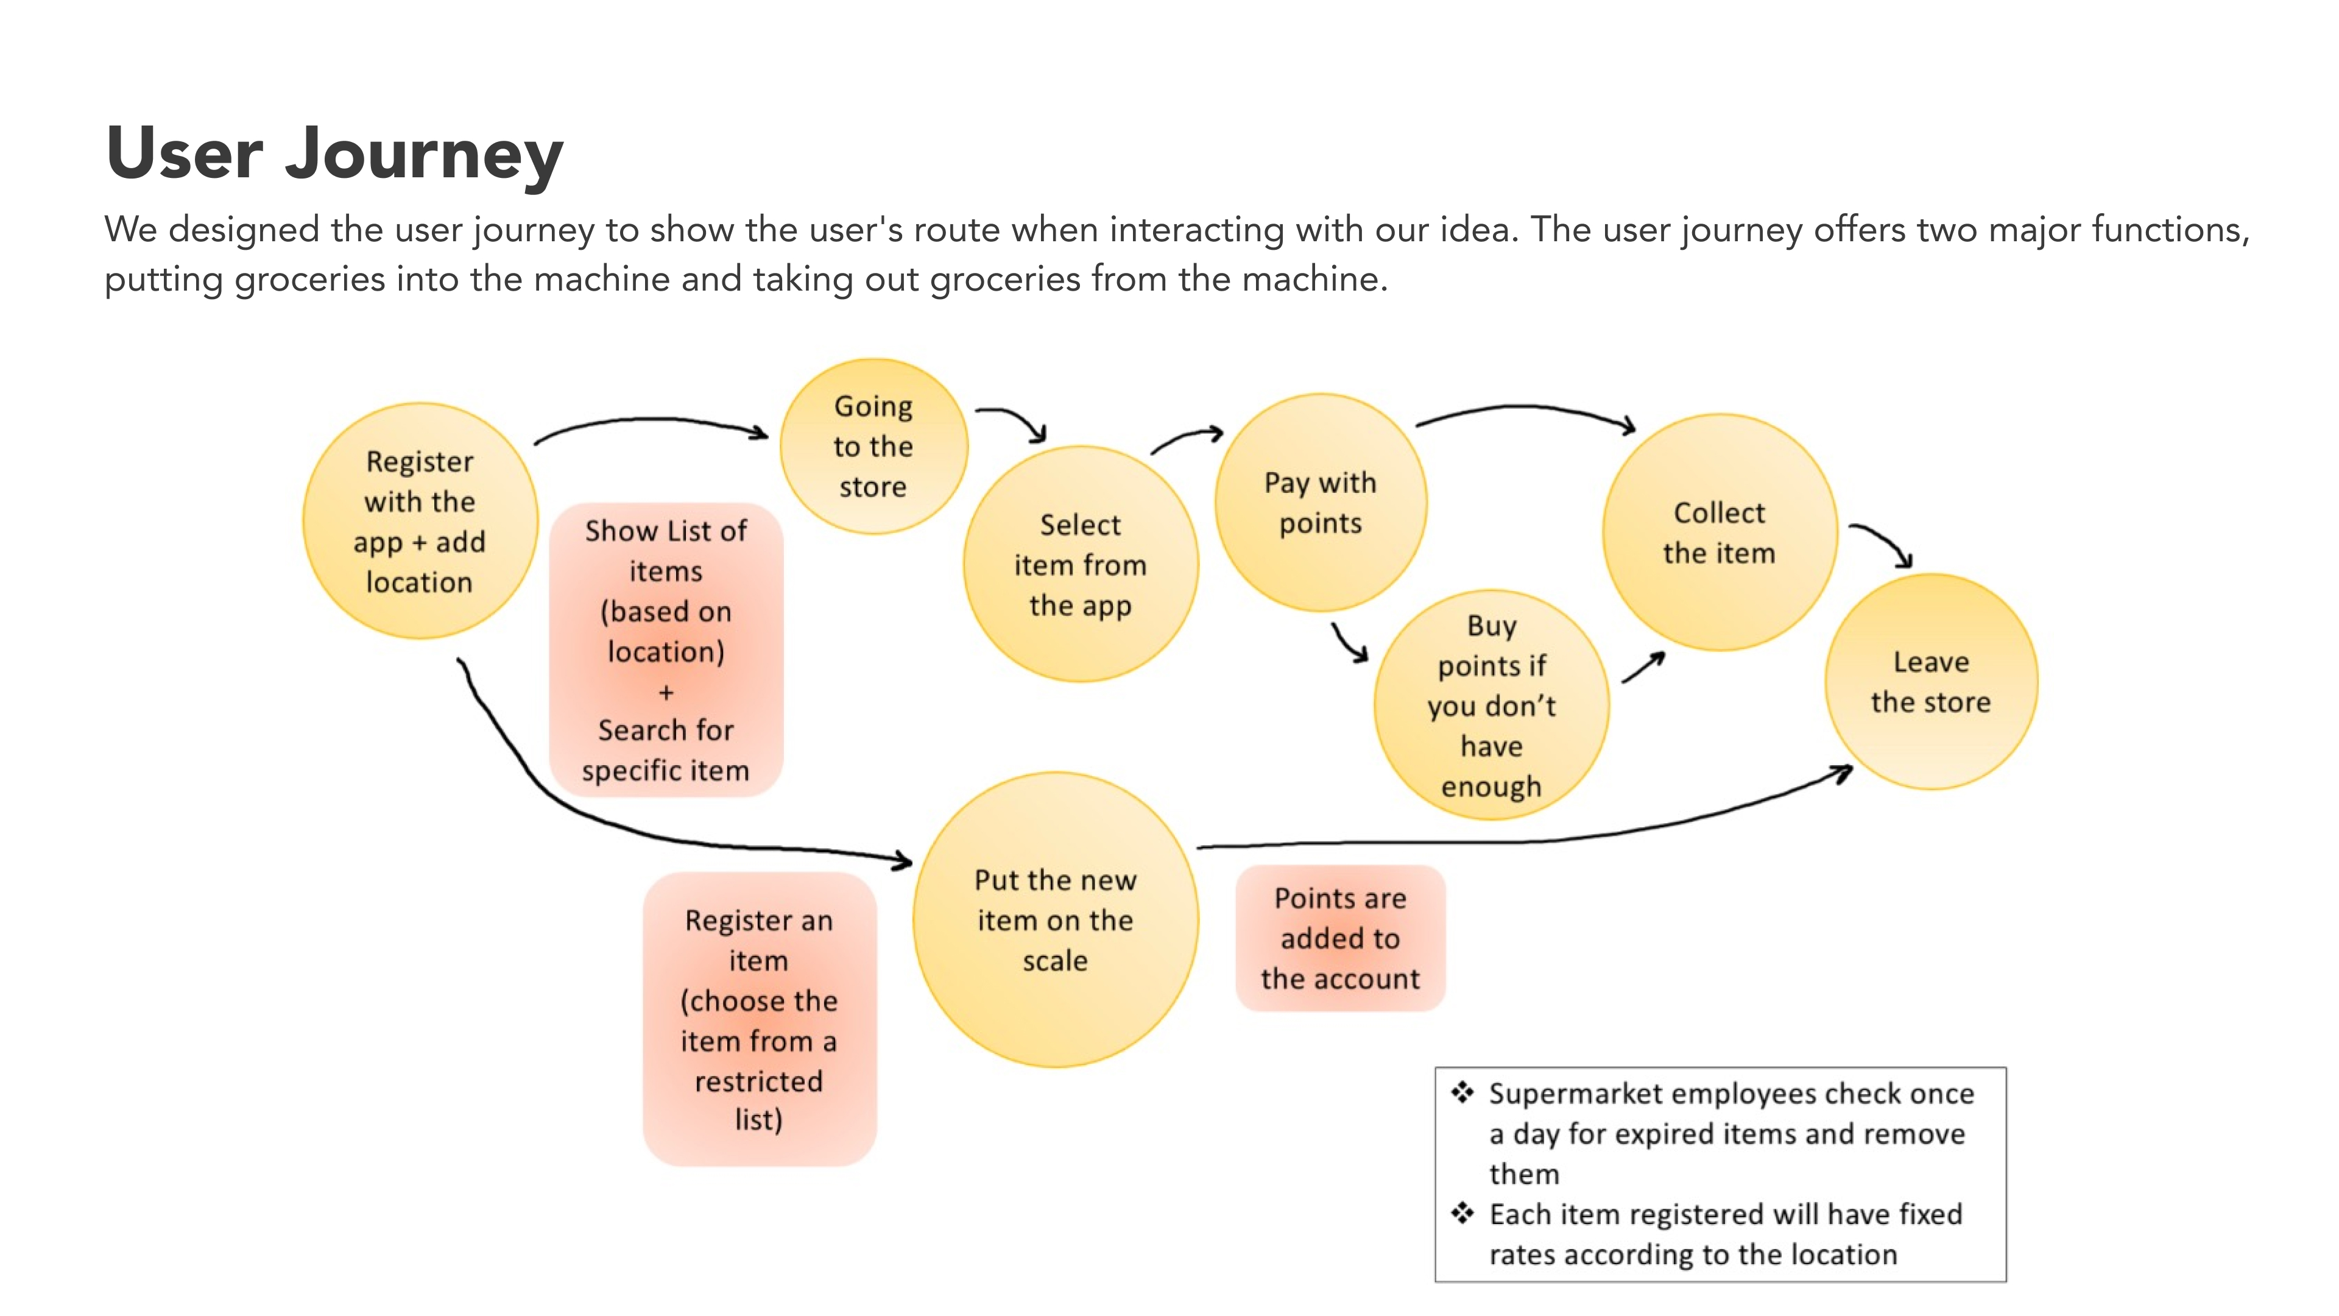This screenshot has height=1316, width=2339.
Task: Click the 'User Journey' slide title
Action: click(334, 152)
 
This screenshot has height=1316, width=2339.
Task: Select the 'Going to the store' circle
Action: click(873, 446)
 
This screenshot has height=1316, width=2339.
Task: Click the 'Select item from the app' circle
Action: click(1079, 564)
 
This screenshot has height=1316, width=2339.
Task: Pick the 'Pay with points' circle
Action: click(1320, 502)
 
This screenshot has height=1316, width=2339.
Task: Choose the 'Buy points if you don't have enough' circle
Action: click(1491, 705)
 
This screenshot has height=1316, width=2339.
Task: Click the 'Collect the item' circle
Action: click(1719, 532)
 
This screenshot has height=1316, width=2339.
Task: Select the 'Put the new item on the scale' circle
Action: click(1055, 919)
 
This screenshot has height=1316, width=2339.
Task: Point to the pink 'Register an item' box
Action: click(759, 1019)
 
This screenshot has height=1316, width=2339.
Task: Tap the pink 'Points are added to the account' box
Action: click(1339, 938)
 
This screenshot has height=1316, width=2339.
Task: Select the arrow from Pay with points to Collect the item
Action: click(1525, 409)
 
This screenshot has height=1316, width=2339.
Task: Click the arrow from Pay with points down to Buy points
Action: click(1349, 643)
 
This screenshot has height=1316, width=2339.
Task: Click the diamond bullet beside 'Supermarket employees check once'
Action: click(1462, 1092)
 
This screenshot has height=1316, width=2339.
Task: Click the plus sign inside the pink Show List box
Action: click(666, 692)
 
